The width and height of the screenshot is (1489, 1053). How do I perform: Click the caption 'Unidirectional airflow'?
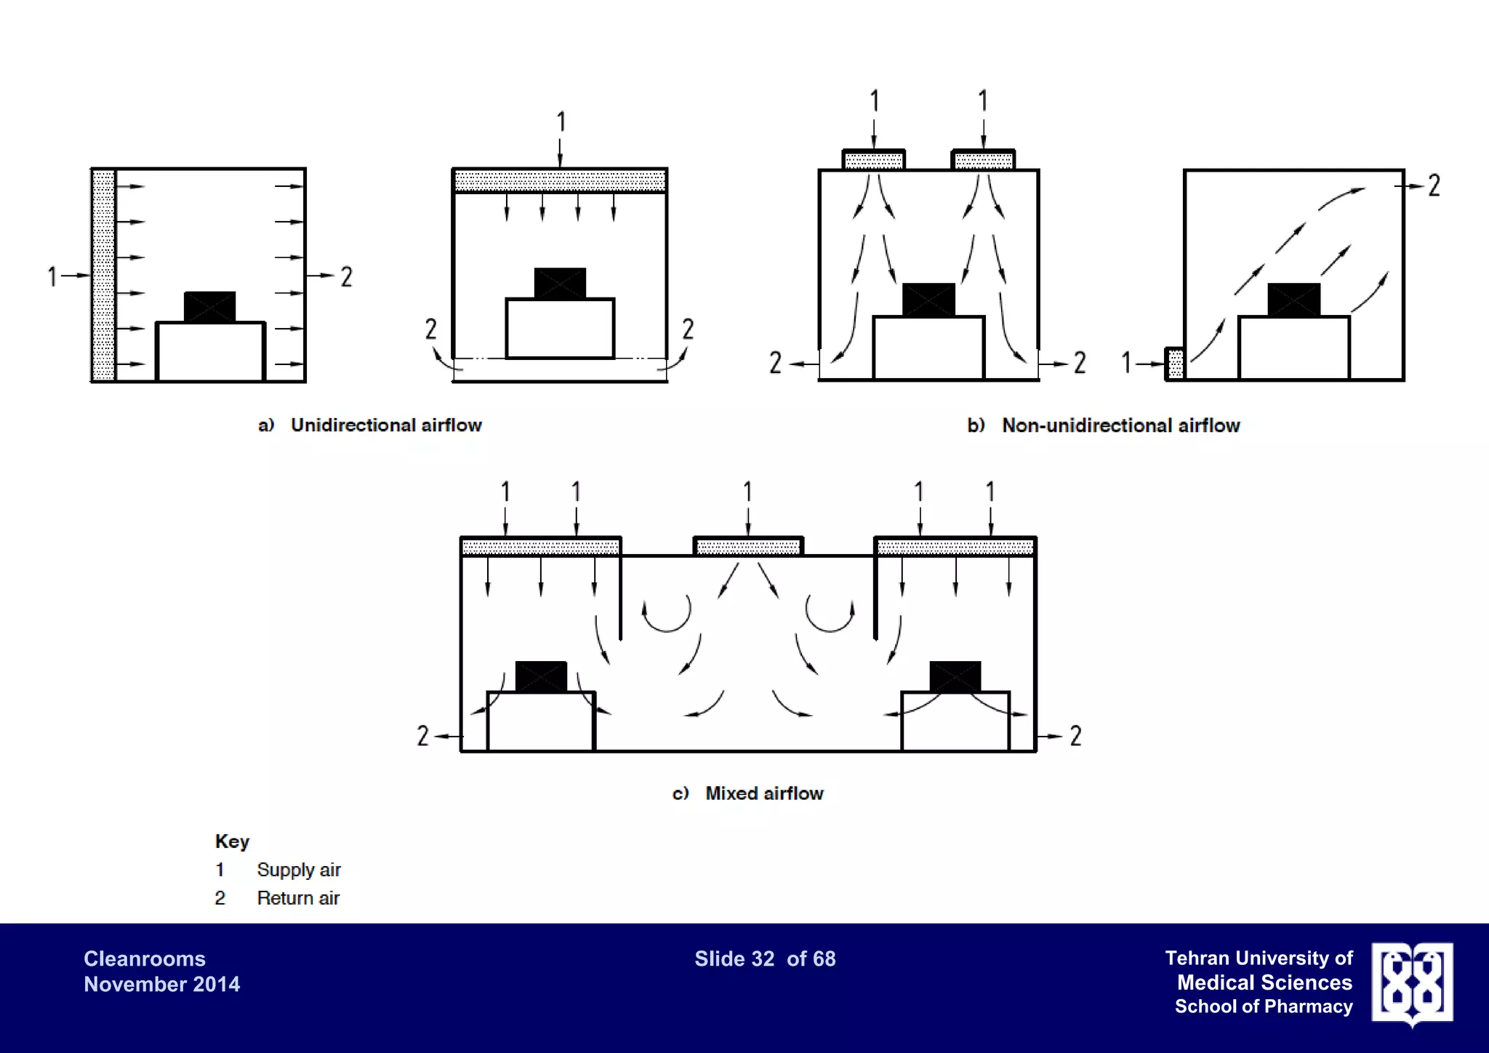(x=386, y=425)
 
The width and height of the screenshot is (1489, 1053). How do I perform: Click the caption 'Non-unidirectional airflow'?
(x=1120, y=425)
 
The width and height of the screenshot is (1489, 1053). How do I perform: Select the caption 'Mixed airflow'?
(x=763, y=793)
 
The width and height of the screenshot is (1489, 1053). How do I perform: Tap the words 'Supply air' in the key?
(x=298, y=870)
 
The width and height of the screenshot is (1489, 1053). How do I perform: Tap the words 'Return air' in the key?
(x=298, y=898)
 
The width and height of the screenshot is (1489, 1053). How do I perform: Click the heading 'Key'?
(x=232, y=841)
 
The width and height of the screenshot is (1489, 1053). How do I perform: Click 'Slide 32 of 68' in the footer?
(x=765, y=958)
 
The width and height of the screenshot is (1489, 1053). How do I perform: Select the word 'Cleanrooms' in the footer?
(x=145, y=958)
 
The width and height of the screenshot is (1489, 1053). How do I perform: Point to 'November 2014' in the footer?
(x=161, y=984)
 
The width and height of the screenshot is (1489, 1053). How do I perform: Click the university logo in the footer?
(x=1412, y=984)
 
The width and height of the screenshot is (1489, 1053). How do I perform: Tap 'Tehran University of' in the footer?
(x=1259, y=958)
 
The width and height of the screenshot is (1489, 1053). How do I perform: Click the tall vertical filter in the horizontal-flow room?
(x=103, y=275)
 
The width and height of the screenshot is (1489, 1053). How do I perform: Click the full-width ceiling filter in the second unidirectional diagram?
(x=559, y=180)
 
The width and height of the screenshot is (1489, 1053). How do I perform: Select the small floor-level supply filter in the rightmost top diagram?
(x=1175, y=364)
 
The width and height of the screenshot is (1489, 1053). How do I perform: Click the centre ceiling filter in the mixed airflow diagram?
(x=748, y=546)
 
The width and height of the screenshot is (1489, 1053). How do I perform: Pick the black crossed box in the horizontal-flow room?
(x=209, y=307)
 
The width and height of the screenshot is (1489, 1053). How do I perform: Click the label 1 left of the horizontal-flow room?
(x=52, y=276)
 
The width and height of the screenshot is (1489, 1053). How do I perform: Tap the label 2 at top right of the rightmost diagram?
(x=1434, y=185)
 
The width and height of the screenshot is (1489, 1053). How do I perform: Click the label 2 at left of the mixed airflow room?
(x=422, y=736)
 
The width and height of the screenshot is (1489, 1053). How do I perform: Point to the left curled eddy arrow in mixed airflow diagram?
(x=666, y=614)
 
